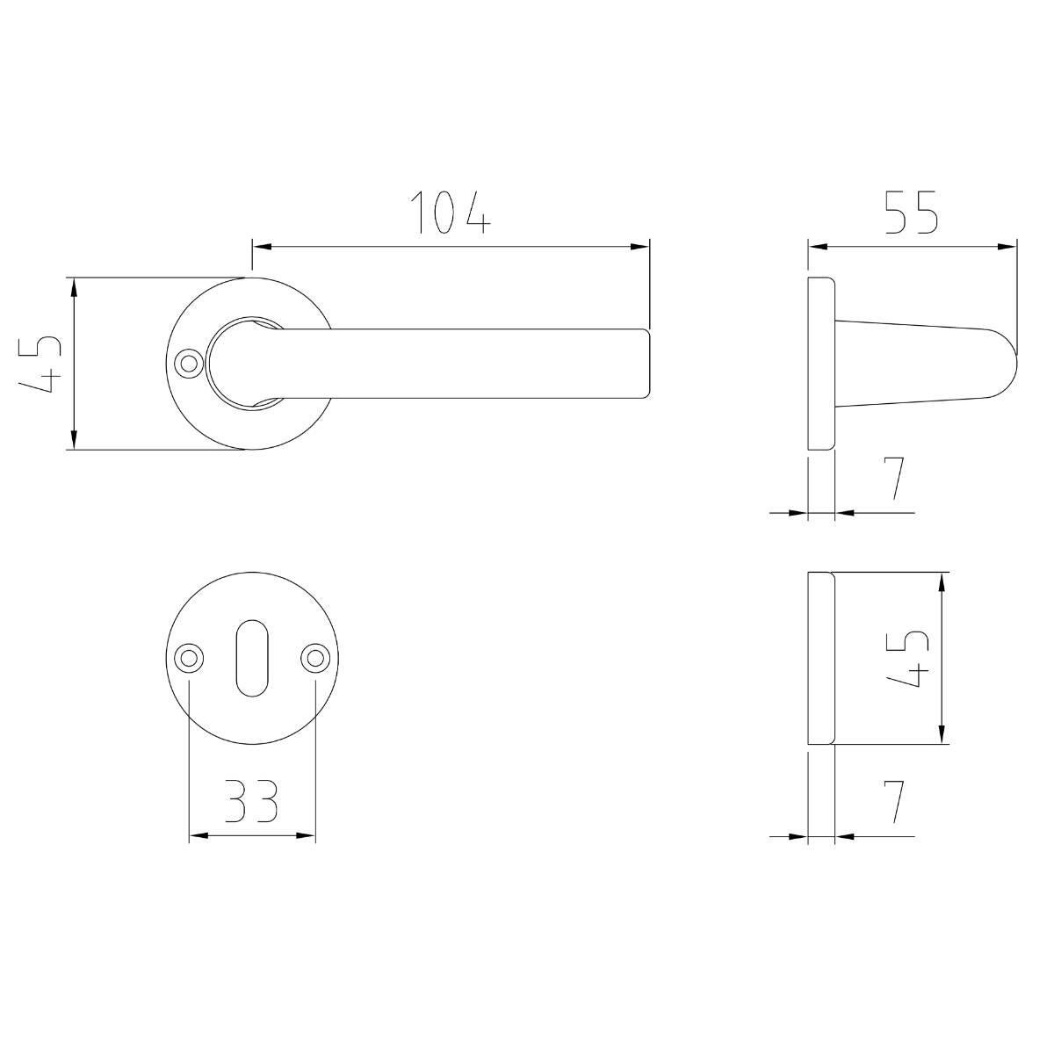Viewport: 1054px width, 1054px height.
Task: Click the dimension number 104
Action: coord(450,213)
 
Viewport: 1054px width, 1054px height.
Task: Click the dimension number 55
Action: coord(911,213)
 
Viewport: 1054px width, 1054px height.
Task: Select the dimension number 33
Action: coord(251,801)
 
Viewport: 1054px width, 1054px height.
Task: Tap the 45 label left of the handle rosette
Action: coord(40,364)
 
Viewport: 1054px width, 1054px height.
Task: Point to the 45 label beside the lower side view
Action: coord(907,659)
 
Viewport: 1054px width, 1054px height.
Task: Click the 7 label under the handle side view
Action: coord(893,479)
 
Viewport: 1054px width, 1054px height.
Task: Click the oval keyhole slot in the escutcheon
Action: coord(251,658)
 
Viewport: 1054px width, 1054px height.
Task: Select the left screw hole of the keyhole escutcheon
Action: coord(189,658)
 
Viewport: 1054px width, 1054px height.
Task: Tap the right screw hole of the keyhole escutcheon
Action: coord(315,658)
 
